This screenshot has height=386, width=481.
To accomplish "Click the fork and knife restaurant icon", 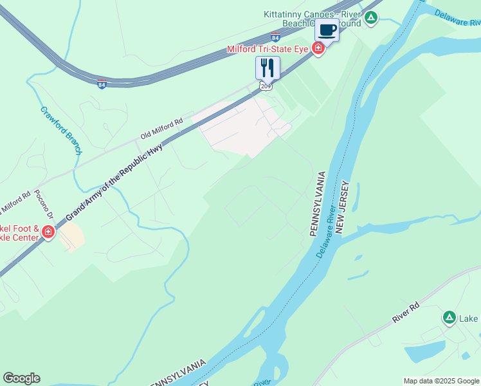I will click(268, 67).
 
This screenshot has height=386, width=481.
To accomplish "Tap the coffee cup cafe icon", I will click(327, 30).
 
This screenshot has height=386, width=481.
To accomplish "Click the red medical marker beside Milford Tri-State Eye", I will click(318, 48).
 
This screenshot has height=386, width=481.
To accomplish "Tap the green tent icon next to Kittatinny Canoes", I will click(371, 18).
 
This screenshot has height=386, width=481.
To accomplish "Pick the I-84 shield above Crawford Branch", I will click(102, 84).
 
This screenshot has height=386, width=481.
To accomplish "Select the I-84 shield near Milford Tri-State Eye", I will click(275, 37).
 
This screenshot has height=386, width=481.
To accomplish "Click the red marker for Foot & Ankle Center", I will click(48, 233).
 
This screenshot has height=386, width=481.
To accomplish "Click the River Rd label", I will click(406, 313).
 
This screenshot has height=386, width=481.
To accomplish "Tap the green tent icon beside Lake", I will click(449, 317).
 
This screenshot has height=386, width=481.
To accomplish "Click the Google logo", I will click(21, 378).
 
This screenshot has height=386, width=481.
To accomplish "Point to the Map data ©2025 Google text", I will click(441, 381).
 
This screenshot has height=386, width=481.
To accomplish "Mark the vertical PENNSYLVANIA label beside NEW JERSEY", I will click(318, 204).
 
